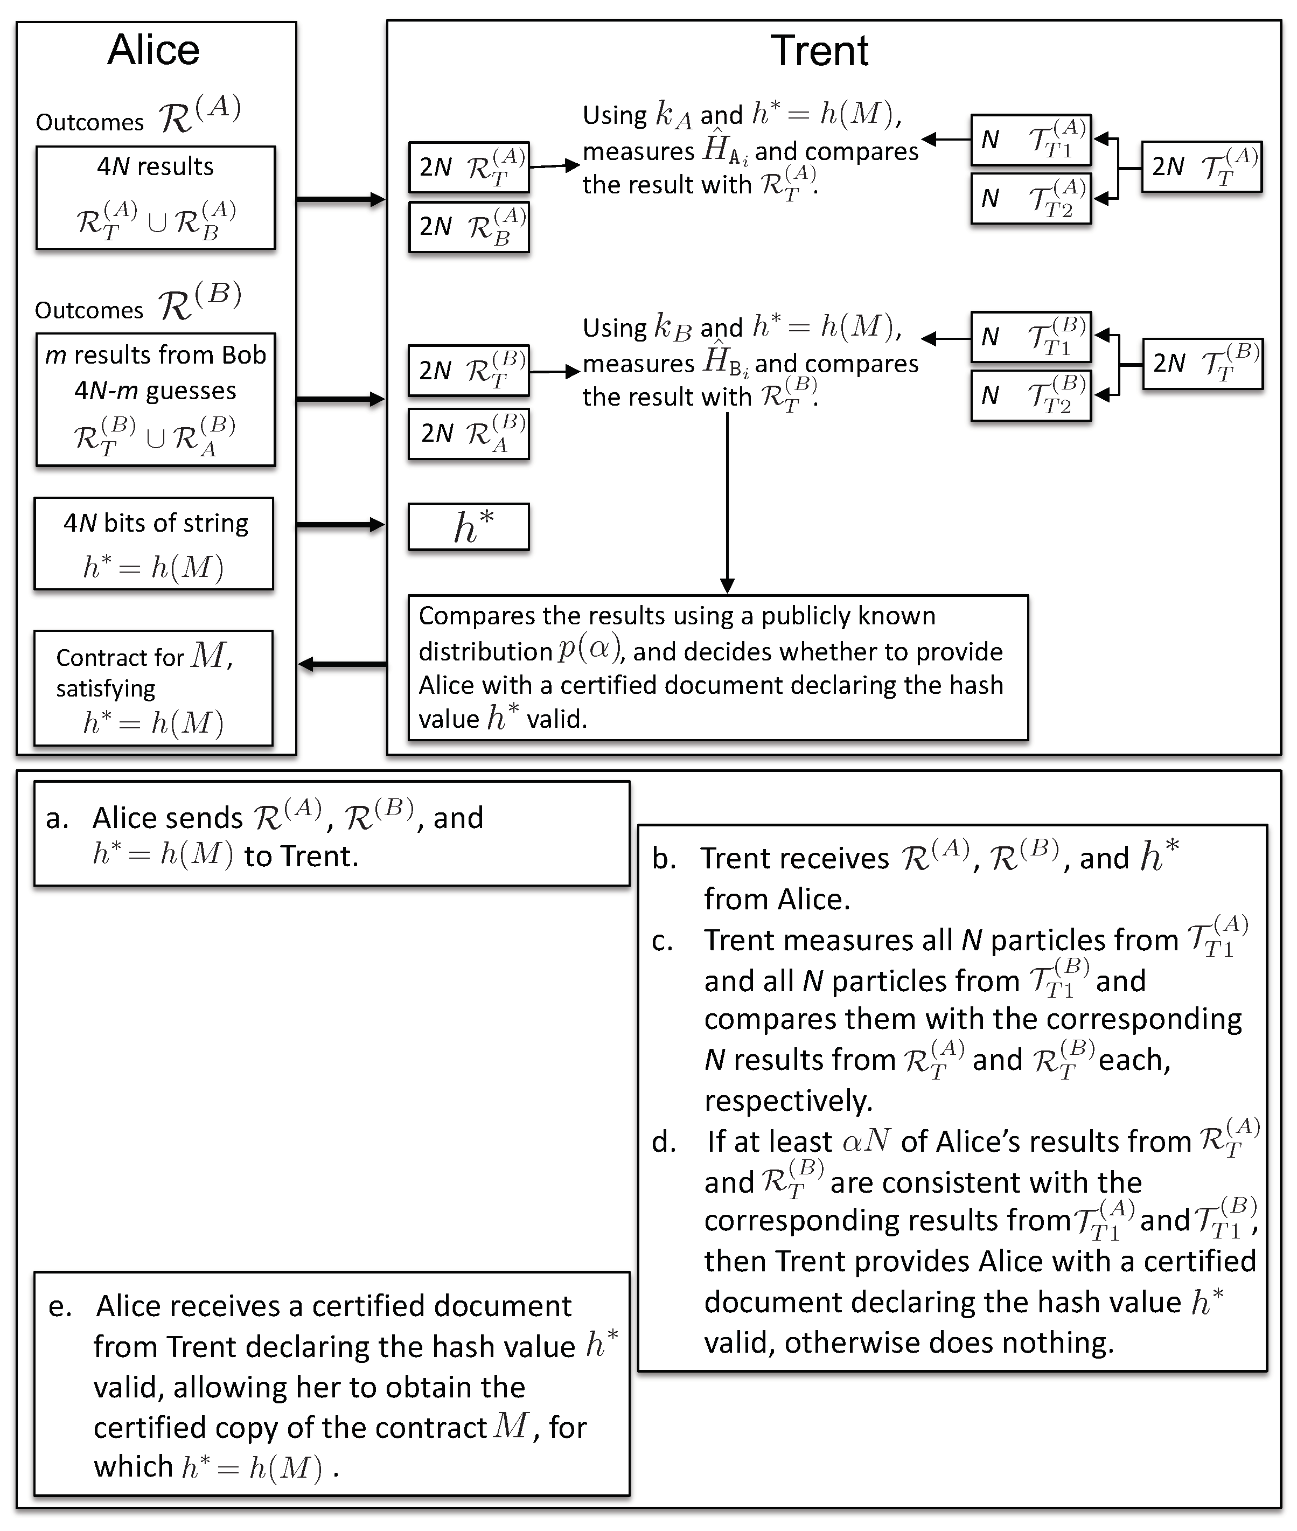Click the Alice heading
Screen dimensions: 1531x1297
[x=153, y=50]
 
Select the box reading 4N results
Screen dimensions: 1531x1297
[x=155, y=198]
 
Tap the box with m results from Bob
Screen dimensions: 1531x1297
[x=155, y=399]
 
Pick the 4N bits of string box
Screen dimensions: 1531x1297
[x=154, y=544]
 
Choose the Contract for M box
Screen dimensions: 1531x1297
[x=153, y=687]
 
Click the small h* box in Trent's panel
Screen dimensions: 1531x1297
[x=469, y=526]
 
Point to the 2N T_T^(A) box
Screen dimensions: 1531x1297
[x=1202, y=167]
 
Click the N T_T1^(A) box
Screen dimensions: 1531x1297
[x=1031, y=140]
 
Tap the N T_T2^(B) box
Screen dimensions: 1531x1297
[x=1031, y=395]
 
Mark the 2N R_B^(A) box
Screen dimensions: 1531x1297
[x=469, y=227]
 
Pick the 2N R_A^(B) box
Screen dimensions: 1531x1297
[x=469, y=434]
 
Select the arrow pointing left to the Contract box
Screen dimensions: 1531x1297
[x=342, y=664]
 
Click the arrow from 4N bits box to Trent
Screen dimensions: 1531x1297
[x=340, y=524]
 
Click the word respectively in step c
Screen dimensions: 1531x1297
[x=787, y=1101]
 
